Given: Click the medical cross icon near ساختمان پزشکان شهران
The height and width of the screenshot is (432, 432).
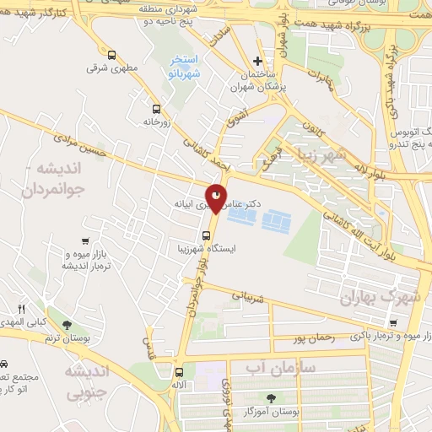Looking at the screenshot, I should click(259, 61).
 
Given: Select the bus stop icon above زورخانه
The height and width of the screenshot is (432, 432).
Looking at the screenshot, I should click(155, 108).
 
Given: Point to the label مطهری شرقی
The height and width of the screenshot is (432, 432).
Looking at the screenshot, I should click(105, 69).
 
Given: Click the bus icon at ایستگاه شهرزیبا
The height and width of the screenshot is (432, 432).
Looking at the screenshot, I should click(207, 235).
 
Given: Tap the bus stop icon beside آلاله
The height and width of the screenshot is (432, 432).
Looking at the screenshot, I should click(179, 372).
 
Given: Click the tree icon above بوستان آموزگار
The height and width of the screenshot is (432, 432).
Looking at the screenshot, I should click(271, 397).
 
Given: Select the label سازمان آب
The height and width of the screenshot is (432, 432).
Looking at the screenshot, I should click(282, 369).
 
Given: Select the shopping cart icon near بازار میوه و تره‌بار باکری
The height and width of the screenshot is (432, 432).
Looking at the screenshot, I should click(392, 322).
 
